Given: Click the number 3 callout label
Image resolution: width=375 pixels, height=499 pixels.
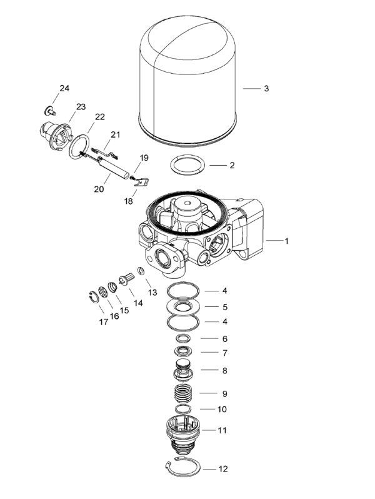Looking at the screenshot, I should point(266,89).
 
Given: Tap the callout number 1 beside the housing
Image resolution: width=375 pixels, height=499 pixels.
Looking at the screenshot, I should point(287,240).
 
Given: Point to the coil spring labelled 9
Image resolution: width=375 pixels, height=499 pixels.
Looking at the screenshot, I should point(184,395).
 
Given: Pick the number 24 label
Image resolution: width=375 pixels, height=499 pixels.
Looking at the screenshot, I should point(64,88).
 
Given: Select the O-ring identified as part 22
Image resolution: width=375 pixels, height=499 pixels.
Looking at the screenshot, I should point(78,146).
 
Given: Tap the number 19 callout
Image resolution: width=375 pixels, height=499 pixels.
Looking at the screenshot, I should point(144,158).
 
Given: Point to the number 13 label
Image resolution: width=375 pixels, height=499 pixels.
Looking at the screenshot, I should point(151,292).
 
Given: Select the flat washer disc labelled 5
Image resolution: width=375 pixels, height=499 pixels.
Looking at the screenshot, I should point(184,306).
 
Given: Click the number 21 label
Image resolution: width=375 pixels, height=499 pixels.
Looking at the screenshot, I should point(115,134).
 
